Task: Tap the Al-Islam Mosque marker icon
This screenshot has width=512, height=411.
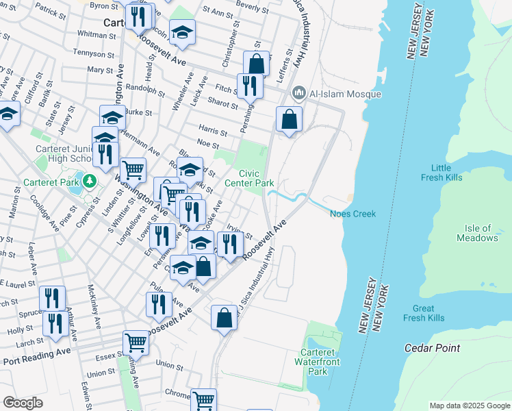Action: pyautogui.click(x=298, y=92)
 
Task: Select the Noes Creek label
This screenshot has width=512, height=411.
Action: pyautogui.click(x=353, y=214)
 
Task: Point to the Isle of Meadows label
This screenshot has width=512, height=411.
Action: pyautogui.click(x=477, y=233)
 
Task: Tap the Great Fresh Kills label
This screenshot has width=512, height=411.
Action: pyautogui.click(x=424, y=313)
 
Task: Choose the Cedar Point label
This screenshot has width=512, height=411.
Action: pyautogui.click(x=432, y=348)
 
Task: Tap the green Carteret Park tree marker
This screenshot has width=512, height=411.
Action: pyautogui.click(x=88, y=182)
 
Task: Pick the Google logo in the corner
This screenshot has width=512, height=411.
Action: pyautogui.click(x=23, y=403)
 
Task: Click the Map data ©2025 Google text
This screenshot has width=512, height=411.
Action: pyautogui.click(x=470, y=406)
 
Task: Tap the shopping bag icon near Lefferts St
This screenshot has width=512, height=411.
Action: pyautogui.click(x=290, y=119)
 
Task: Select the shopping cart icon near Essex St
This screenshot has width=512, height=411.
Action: pyautogui.click(x=136, y=342)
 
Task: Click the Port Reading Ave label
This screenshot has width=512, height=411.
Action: pyautogui.click(x=36, y=357)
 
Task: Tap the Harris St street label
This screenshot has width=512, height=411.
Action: pyautogui.click(x=212, y=129)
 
